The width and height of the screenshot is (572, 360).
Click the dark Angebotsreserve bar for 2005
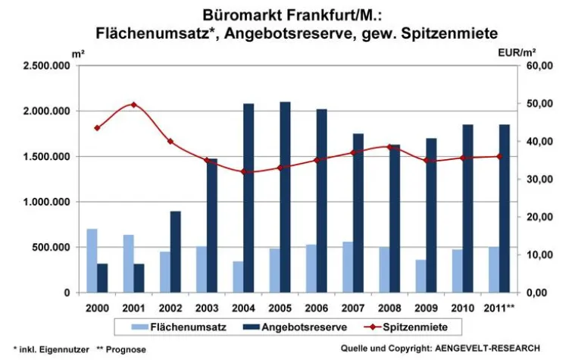click(285, 197)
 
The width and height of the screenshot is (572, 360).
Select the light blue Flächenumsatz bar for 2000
click(92, 260)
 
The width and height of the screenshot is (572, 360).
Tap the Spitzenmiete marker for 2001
click(133, 105)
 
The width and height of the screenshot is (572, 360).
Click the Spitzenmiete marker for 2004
click(243, 171)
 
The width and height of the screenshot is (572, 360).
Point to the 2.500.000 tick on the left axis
click(46, 66)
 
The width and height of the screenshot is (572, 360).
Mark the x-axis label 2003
click(206, 307)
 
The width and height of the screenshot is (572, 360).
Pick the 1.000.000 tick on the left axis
click(46, 202)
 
